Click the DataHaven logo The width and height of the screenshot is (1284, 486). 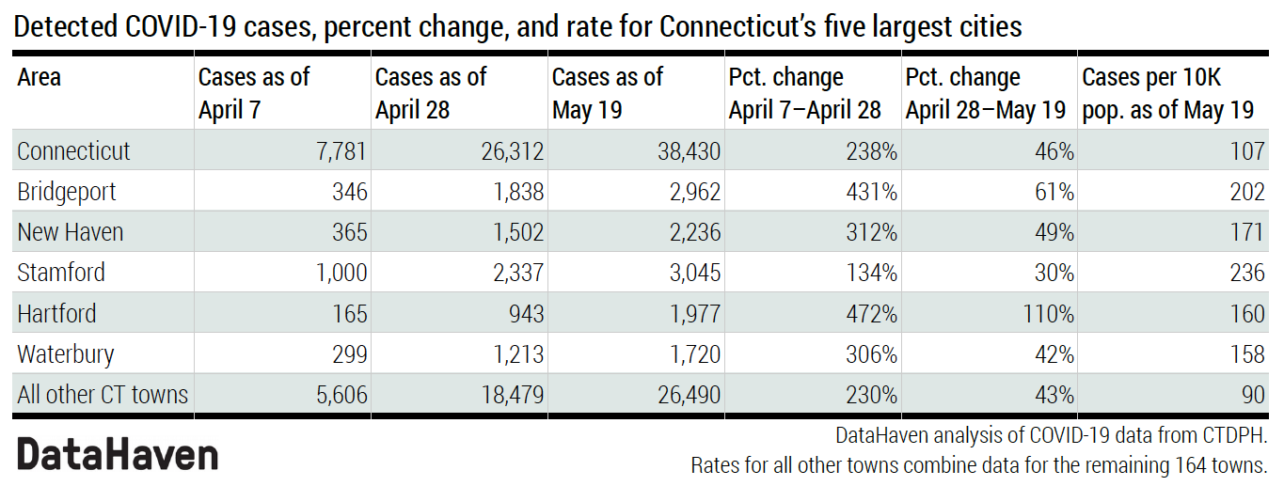pyautogui.click(x=118, y=454)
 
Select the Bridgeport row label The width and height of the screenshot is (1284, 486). pyautogui.click(x=67, y=192)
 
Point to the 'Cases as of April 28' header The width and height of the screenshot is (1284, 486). pyautogui.click(x=431, y=93)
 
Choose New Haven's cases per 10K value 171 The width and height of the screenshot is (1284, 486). pyautogui.click(x=1247, y=232)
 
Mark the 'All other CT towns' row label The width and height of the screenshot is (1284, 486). pyautogui.click(x=103, y=395)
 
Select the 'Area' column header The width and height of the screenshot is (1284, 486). pyautogui.click(x=40, y=77)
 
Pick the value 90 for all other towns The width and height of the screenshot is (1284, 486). pyautogui.click(x=1253, y=395)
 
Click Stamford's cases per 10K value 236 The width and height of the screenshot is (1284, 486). pyautogui.click(x=1247, y=273)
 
